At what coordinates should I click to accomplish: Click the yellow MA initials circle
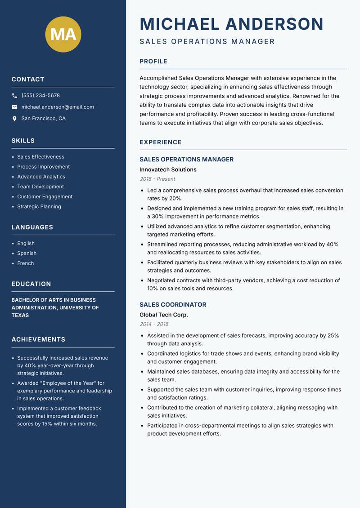pos(63,34)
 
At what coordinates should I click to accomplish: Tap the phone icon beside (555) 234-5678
pos(14,95)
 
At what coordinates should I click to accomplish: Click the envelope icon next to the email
pos(14,107)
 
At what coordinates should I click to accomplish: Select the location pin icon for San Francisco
pos(14,119)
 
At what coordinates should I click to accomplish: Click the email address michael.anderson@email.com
pos(58,107)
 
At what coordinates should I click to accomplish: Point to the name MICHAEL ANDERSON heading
pos(231,24)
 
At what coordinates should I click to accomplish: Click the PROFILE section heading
pos(153,61)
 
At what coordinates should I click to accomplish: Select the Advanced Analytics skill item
pos(41,177)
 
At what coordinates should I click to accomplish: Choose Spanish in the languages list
pos(27,253)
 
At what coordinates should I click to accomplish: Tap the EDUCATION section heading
pos(31,284)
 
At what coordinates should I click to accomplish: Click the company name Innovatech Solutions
pos(168,169)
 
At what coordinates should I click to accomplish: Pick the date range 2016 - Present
pos(157,179)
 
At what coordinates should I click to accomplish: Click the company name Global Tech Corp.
pos(163,315)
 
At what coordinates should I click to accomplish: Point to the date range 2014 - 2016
pos(154,324)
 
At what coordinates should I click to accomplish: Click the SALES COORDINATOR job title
pos(173,304)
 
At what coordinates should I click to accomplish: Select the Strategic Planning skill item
pos(39,206)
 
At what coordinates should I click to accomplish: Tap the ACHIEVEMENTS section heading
pos(38,339)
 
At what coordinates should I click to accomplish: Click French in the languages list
pos(25,263)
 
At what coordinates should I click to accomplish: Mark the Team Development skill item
pos(40,187)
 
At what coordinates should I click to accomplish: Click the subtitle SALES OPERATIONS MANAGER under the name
pos(207,41)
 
